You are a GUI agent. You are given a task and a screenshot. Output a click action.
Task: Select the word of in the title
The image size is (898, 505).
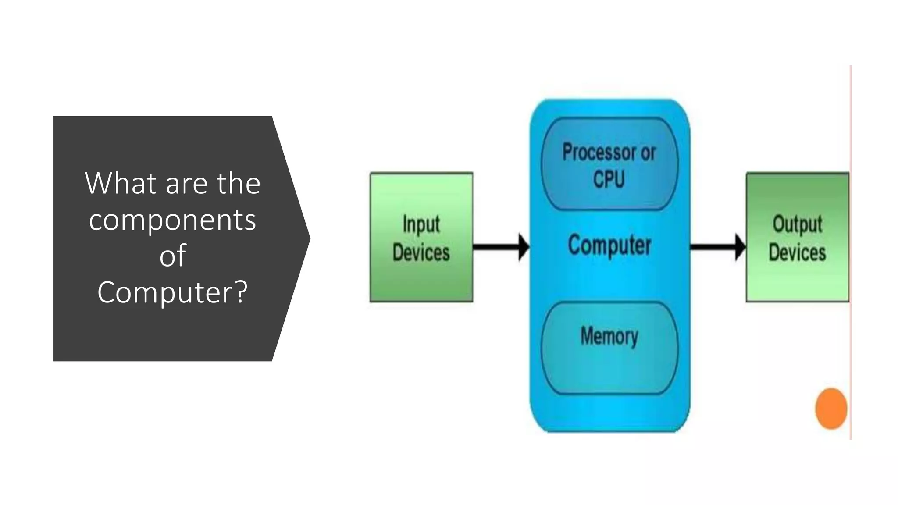(x=173, y=256)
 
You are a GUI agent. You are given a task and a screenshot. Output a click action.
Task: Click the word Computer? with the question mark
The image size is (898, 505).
(x=173, y=292)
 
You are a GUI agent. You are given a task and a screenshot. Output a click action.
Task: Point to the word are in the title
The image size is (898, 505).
(x=186, y=184)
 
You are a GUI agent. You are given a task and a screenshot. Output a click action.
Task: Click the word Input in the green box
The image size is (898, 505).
(x=421, y=224)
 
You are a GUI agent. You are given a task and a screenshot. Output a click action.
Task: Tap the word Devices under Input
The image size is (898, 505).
(x=421, y=252)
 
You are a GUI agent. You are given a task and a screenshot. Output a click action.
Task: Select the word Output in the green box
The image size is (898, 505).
(x=797, y=224)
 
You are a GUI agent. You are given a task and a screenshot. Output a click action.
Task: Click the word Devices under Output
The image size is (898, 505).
(x=797, y=252)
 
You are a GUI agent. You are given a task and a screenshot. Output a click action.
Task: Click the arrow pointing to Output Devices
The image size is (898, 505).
(x=717, y=247)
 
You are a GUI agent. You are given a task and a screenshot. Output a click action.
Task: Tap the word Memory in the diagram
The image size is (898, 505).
(x=609, y=336)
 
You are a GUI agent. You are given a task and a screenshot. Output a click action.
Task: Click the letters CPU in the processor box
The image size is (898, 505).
(x=609, y=179)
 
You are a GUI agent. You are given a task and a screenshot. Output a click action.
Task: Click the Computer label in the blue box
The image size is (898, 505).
(x=609, y=245)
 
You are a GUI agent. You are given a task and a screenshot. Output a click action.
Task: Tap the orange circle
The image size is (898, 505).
(x=831, y=408)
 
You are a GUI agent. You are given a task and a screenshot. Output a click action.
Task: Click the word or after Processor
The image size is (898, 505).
(x=648, y=153)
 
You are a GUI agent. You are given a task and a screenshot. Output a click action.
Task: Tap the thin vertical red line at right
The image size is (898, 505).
(x=851, y=263)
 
